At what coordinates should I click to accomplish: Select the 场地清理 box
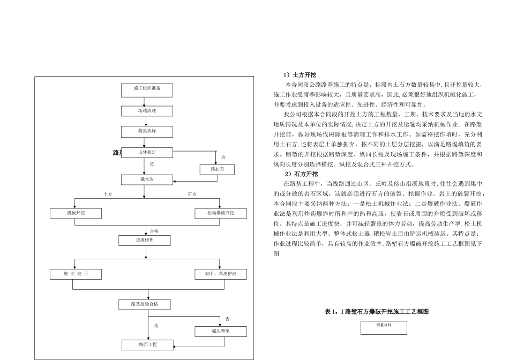(147, 111)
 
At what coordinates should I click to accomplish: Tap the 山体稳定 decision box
(147, 153)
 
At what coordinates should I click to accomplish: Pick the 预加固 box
(217, 169)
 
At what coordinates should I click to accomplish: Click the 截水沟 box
(147, 179)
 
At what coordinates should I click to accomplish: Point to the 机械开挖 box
(76, 213)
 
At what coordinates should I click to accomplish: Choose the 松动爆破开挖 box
(221, 213)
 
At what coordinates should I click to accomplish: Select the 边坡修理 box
(145, 241)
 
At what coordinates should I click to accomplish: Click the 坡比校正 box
(76, 274)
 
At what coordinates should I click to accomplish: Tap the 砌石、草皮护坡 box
(221, 274)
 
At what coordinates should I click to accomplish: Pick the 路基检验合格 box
(145, 304)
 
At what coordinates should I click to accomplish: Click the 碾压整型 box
(221, 332)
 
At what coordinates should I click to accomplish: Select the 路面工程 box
(147, 344)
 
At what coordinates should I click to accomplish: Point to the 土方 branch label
(108, 194)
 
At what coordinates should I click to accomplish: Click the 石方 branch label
(192, 194)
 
